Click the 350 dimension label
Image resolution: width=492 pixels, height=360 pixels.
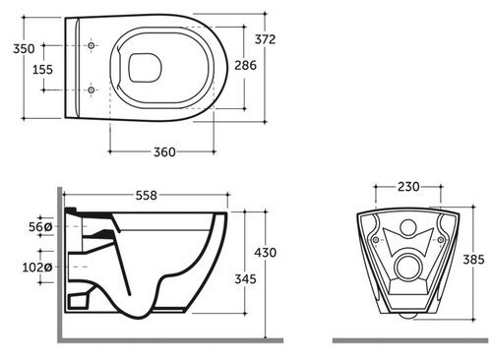pyautogui.click(x=24, y=49)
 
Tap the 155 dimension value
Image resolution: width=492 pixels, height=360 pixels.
pyautogui.click(x=42, y=70)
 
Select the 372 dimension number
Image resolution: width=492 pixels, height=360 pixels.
pyautogui.click(x=265, y=39)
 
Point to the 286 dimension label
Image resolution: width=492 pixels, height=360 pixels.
pyautogui.click(x=245, y=66)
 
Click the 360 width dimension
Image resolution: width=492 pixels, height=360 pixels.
pyautogui.click(x=164, y=152)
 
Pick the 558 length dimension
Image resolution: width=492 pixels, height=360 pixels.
pyautogui.click(x=147, y=196)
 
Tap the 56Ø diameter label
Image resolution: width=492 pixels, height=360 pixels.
pyautogui.click(x=40, y=227)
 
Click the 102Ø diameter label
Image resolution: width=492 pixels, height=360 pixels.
pyautogui.click(x=37, y=268)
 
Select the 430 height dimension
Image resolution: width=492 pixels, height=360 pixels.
pyautogui.click(x=266, y=253)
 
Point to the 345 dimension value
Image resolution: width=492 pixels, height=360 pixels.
pyautogui.click(x=245, y=279)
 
